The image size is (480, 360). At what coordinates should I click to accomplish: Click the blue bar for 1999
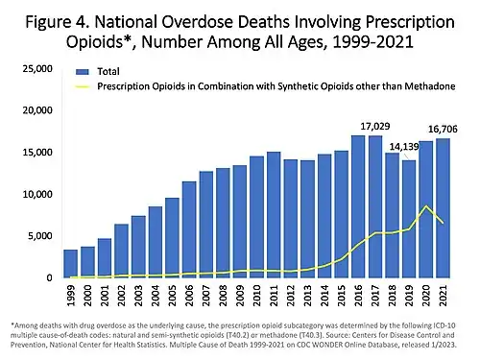click(x=70, y=264)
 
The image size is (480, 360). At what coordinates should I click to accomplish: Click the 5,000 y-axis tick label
click(x=39, y=236)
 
